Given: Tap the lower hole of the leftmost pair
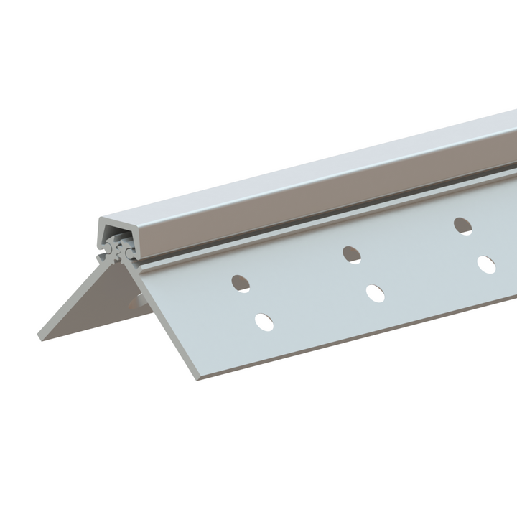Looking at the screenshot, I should pyautogui.click(x=264, y=322).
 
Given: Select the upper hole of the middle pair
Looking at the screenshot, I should pyautogui.click(x=351, y=253).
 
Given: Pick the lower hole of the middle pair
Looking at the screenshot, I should pyautogui.click(x=375, y=293).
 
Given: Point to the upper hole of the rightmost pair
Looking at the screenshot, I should pyautogui.click(x=463, y=225).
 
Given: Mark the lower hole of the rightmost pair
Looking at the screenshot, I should pyautogui.click(x=487, y=264).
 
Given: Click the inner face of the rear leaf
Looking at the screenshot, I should pyautogui.click(x=79, y=302).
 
